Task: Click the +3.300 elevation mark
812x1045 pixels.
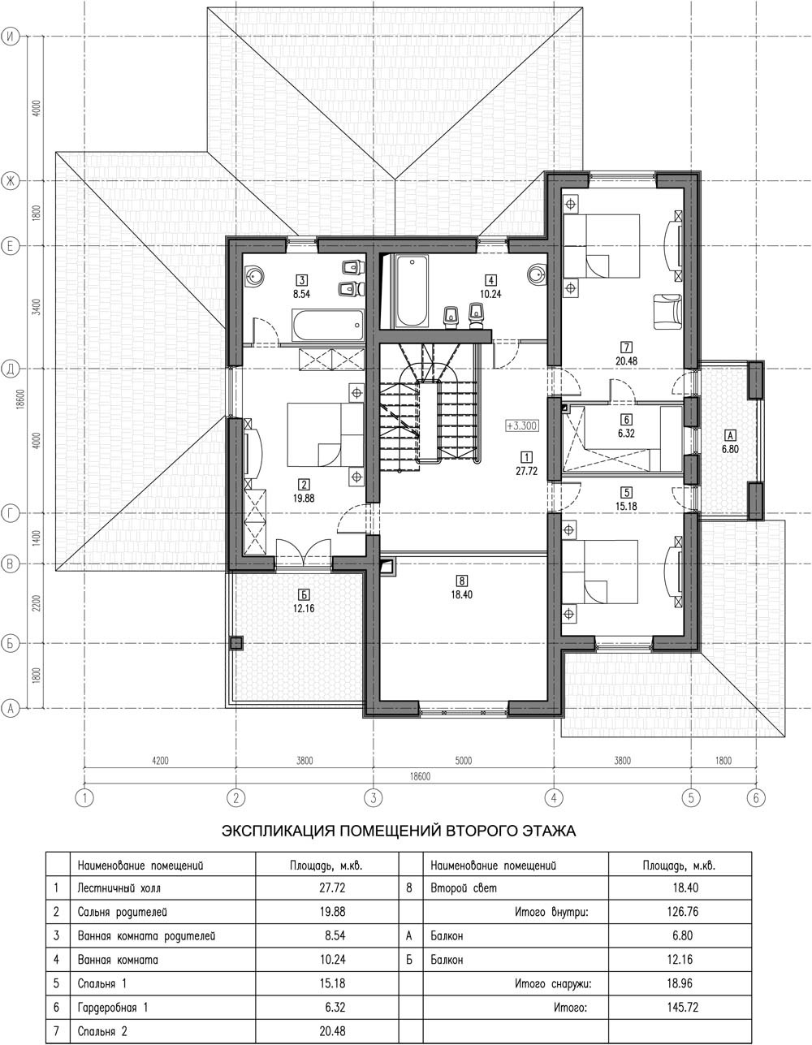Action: [x=521, y=425]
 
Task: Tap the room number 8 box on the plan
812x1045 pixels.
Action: [x=461, y=581]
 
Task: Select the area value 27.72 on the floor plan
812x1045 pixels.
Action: [x=526, y=471]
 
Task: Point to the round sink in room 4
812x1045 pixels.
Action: [x=537, y=274]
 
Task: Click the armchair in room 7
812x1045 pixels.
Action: [x=667, y=312]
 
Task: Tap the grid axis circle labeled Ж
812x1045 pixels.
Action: [x=10, y=181]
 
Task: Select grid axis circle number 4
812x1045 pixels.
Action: [x=554, y=798]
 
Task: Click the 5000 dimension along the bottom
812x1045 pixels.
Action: [x=463, y=761]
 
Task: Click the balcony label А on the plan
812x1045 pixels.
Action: [x=730, y=435]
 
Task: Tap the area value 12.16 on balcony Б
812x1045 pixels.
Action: [x=304, y=608]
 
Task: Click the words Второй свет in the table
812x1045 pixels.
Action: [x=464, y=887]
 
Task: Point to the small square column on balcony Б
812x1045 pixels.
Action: [x=235, y=643]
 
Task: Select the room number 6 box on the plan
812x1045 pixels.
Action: [x=626, y=420]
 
